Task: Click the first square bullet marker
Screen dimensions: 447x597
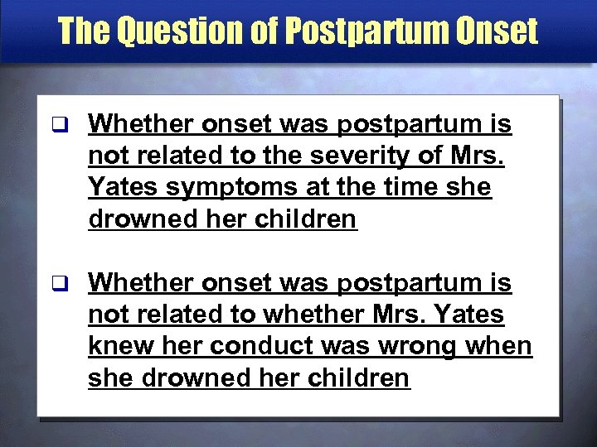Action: (x=56, y=125)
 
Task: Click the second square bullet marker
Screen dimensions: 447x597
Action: (x=56, y=284)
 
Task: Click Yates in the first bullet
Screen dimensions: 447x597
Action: (x=124, y=188)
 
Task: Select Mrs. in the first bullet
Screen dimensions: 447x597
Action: (x=484, y=156)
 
